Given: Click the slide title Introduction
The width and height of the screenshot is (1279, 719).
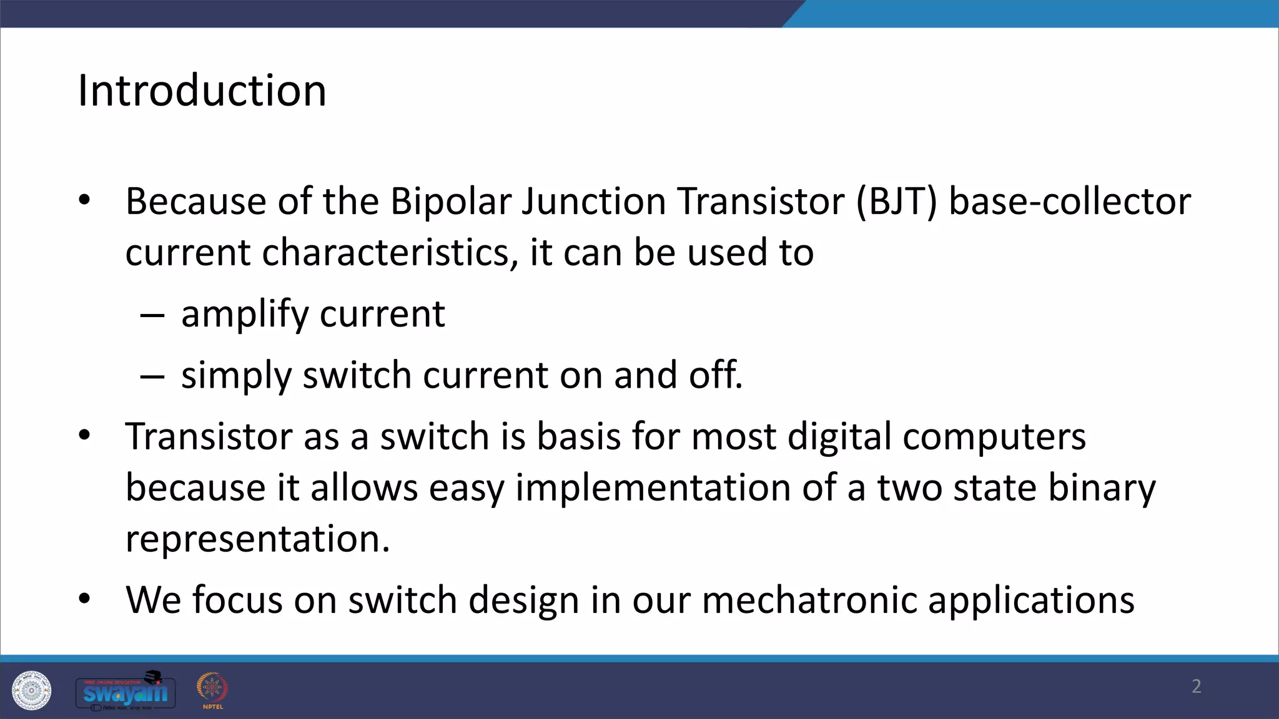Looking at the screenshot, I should coord(202,91).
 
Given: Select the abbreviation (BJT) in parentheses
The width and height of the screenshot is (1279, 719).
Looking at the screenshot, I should coord(896,202).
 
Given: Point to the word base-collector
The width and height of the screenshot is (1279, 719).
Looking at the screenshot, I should coord(1070,202).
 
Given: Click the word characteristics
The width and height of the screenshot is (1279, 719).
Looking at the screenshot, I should coord(390,253).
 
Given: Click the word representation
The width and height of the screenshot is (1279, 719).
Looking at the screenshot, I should coord(257,539).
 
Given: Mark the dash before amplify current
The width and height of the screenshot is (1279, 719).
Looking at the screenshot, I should coord(152,316).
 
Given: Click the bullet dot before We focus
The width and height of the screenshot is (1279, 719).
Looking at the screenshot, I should coord(84,599).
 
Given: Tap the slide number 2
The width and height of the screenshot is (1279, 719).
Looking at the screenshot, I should coord(1196,687).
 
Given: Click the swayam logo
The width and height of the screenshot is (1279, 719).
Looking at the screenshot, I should coord(126,692).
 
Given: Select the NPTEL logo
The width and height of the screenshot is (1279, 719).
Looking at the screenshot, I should coord(212,690).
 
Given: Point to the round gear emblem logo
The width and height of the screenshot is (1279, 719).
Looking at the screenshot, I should coord(31,690).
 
